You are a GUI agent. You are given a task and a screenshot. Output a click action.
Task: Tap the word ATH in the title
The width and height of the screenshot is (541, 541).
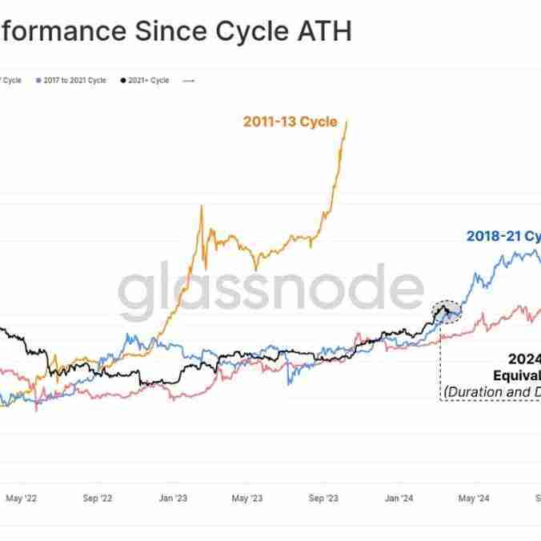pos(324,32)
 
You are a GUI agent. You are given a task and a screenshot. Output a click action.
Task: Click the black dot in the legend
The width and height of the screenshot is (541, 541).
pos(122,81)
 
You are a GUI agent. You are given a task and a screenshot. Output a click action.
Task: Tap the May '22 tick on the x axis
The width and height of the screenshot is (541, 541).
pos(22,499)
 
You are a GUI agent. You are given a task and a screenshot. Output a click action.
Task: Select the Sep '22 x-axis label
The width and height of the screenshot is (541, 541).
pos(97,499)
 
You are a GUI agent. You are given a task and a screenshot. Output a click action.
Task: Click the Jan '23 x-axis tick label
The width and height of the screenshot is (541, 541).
pos(173,499)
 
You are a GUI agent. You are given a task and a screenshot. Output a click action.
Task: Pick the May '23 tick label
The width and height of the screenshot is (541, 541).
pos(247,499)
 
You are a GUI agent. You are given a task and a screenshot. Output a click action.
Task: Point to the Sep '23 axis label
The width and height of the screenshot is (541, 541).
pos(323,499)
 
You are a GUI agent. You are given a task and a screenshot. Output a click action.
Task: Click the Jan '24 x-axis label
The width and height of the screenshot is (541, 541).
pos(398,499)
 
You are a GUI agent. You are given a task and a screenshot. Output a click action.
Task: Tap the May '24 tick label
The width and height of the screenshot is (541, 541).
pos(474,499)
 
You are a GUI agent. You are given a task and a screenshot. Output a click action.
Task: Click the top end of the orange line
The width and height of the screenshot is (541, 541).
pos(347,122)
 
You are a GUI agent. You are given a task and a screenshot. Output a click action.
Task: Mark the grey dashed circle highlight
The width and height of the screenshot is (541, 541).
pos(447,311)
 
